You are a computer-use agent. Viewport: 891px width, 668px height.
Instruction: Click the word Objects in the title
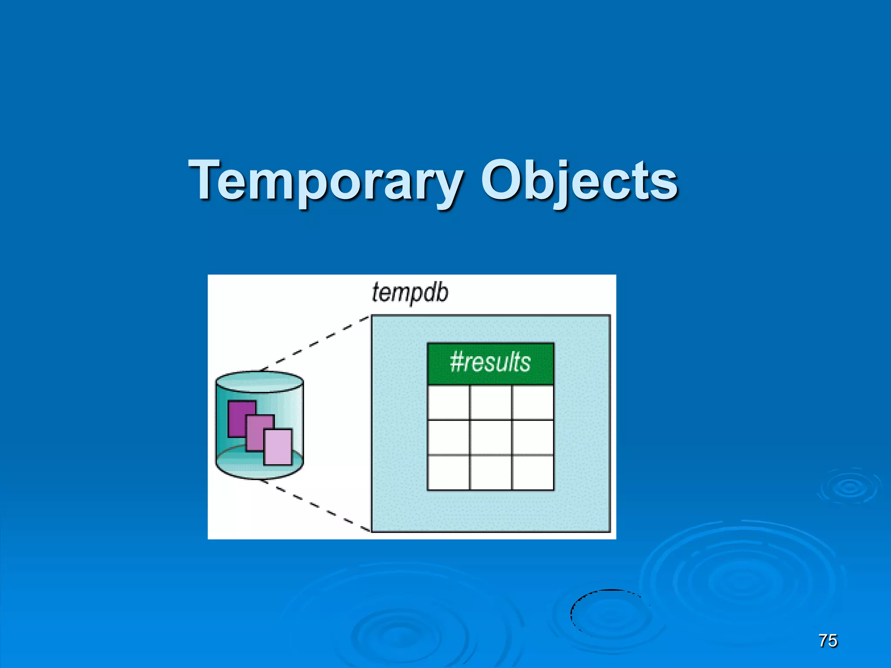579,180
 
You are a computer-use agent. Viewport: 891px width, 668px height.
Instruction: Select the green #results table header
490,363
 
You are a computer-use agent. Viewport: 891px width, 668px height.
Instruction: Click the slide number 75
827,641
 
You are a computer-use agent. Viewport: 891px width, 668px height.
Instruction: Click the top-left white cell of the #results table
449,402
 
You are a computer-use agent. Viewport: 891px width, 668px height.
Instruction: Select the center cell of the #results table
491,437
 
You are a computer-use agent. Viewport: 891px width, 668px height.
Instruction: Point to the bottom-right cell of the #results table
533,473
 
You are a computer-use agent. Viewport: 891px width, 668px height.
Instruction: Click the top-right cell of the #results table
533,402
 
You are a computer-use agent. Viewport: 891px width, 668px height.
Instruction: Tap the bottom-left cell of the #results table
449,473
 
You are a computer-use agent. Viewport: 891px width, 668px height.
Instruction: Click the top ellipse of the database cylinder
259,381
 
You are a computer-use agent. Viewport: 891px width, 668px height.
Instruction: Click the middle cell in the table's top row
491,402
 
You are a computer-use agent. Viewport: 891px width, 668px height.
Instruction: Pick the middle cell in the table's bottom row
491,473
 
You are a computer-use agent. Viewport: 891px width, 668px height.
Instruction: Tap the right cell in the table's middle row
533,437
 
